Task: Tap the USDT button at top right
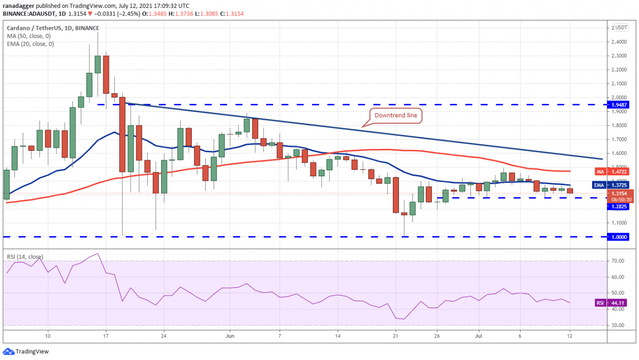tap(622, 27)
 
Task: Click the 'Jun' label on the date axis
tap(230, 336)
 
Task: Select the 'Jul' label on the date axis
tap(479, 336)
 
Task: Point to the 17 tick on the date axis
tap(105, 336)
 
